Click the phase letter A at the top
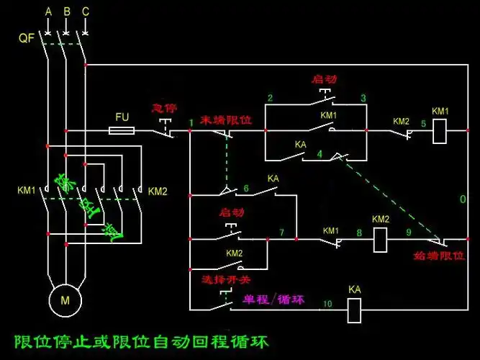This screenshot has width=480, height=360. click(48, 12)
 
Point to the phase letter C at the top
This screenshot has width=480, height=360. click(86, 12)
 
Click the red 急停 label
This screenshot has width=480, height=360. click(163, 108)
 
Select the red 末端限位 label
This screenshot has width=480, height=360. click(225, 120)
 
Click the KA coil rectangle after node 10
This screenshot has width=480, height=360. click(354, 310)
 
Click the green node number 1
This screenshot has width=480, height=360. click(191, 123)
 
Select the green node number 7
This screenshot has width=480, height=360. click(281, 232)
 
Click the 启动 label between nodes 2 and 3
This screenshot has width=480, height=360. click(324, 78)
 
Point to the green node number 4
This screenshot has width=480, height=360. click(319, 153)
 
